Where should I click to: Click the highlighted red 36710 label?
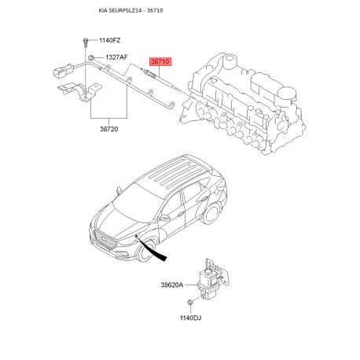160,61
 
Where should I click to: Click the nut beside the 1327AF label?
92,57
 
